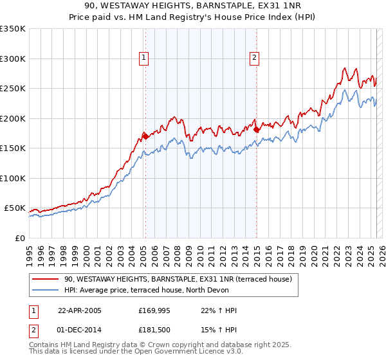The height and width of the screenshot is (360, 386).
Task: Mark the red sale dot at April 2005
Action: tap(145, 136)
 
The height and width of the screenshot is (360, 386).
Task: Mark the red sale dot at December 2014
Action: tap(257, 130)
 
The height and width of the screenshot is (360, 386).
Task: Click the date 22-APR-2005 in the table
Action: tap(79, 310)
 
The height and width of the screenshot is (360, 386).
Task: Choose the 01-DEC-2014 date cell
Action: tap(79, 330)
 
